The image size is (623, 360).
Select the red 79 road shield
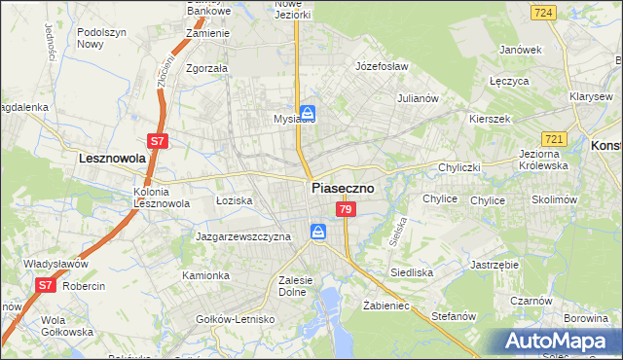346,209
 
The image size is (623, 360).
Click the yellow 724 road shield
544,12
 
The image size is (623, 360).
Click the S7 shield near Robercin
46,285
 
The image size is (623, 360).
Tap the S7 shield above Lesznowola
159,141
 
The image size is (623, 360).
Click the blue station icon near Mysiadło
307,112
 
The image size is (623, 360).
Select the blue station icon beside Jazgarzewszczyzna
317,232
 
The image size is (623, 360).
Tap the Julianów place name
421,98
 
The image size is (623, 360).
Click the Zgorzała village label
206,69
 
